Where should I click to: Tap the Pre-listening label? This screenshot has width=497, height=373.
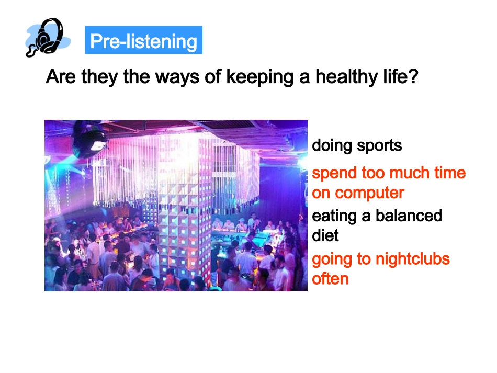[x=143, y=41]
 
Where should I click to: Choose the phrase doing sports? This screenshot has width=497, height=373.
[x=357, y=145]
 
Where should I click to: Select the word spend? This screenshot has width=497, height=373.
[x=331, y=173]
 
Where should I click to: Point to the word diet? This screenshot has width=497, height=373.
[x=325, y=235]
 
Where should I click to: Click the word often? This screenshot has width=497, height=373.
[x=330, y=278]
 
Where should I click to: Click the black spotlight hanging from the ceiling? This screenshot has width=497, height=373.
[x=89, y=139]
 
